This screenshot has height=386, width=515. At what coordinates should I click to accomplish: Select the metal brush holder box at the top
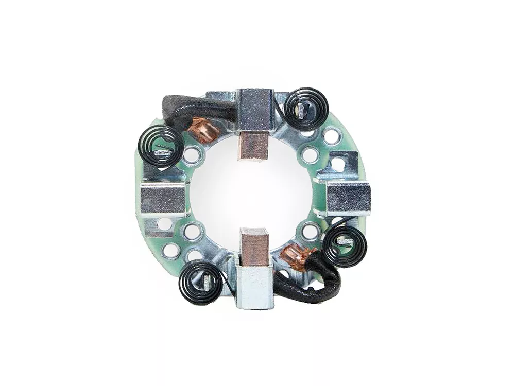pyautogui.click(x=256, y=109)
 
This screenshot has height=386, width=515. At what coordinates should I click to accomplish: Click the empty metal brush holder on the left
pyautogui.click(x=163, y=199)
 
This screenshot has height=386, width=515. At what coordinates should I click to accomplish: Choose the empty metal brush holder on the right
pyautogui.click(x=349, y=198)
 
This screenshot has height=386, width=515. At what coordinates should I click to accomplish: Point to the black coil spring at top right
pyautogui.click(x=307, y=109)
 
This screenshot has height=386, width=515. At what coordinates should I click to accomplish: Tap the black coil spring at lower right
pyautogui.click(x=344, y=246)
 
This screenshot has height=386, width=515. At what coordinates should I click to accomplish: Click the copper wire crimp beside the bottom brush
pyautogui.click(x=297, y=254)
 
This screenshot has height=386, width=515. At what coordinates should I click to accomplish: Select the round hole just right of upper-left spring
pyautogui.click(x=192, y=154)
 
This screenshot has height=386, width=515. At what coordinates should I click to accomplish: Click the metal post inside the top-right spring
pyautogui.click(x=305, y=110)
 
